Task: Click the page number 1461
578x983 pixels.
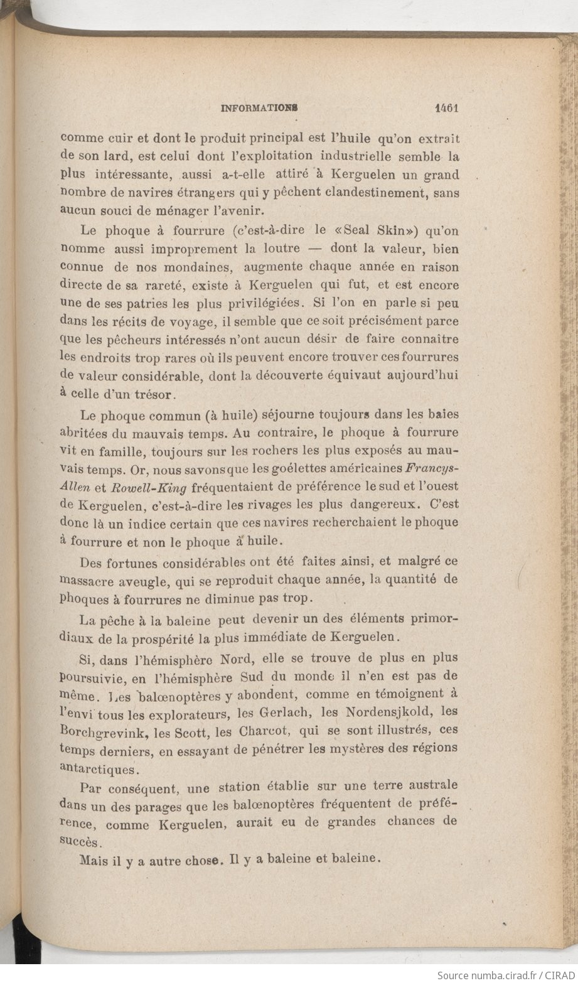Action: tap(447, 107)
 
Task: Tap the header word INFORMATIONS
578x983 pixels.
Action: tap(259, 108)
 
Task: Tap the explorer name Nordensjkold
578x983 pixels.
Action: tap(375, 711)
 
